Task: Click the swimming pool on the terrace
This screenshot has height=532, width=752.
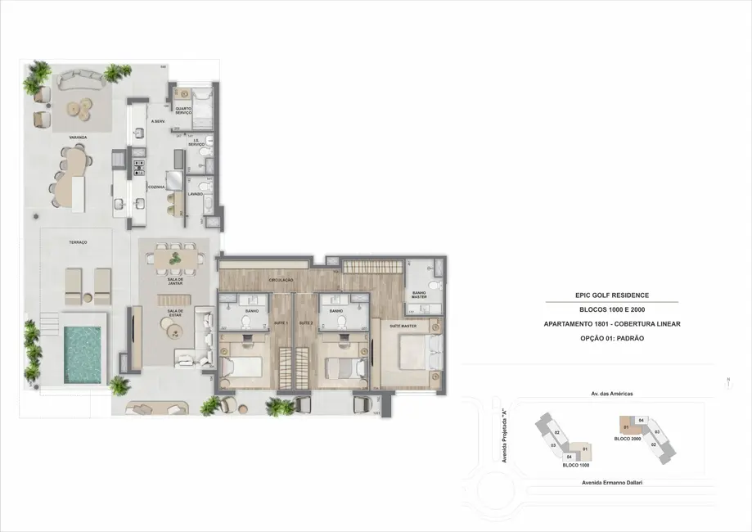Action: click(82, 354)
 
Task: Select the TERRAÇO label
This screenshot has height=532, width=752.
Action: click(79, 243)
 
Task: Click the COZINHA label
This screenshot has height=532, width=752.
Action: click(156, 187)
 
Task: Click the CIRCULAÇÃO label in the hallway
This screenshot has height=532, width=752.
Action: click(281, 281)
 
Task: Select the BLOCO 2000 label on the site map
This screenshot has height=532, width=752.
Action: click(628, 439)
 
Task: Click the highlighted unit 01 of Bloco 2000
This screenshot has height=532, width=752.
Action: click(627, 426)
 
